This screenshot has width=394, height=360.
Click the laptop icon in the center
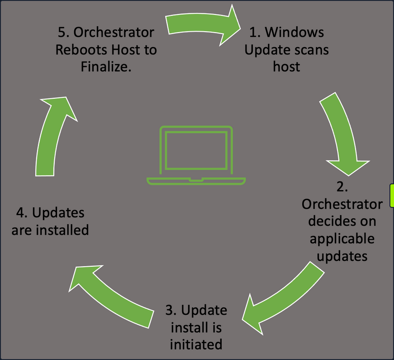(x=196, y=155)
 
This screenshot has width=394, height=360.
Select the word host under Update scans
(x=286, y=66)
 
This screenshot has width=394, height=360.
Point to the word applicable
(x=342, y=239)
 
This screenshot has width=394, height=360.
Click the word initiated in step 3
(x=196, y=344)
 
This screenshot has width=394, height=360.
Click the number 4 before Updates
(x=20, y=212)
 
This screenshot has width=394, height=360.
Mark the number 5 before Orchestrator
(x=62, y=33)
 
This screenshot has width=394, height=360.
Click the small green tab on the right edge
(x=392, y=195)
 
